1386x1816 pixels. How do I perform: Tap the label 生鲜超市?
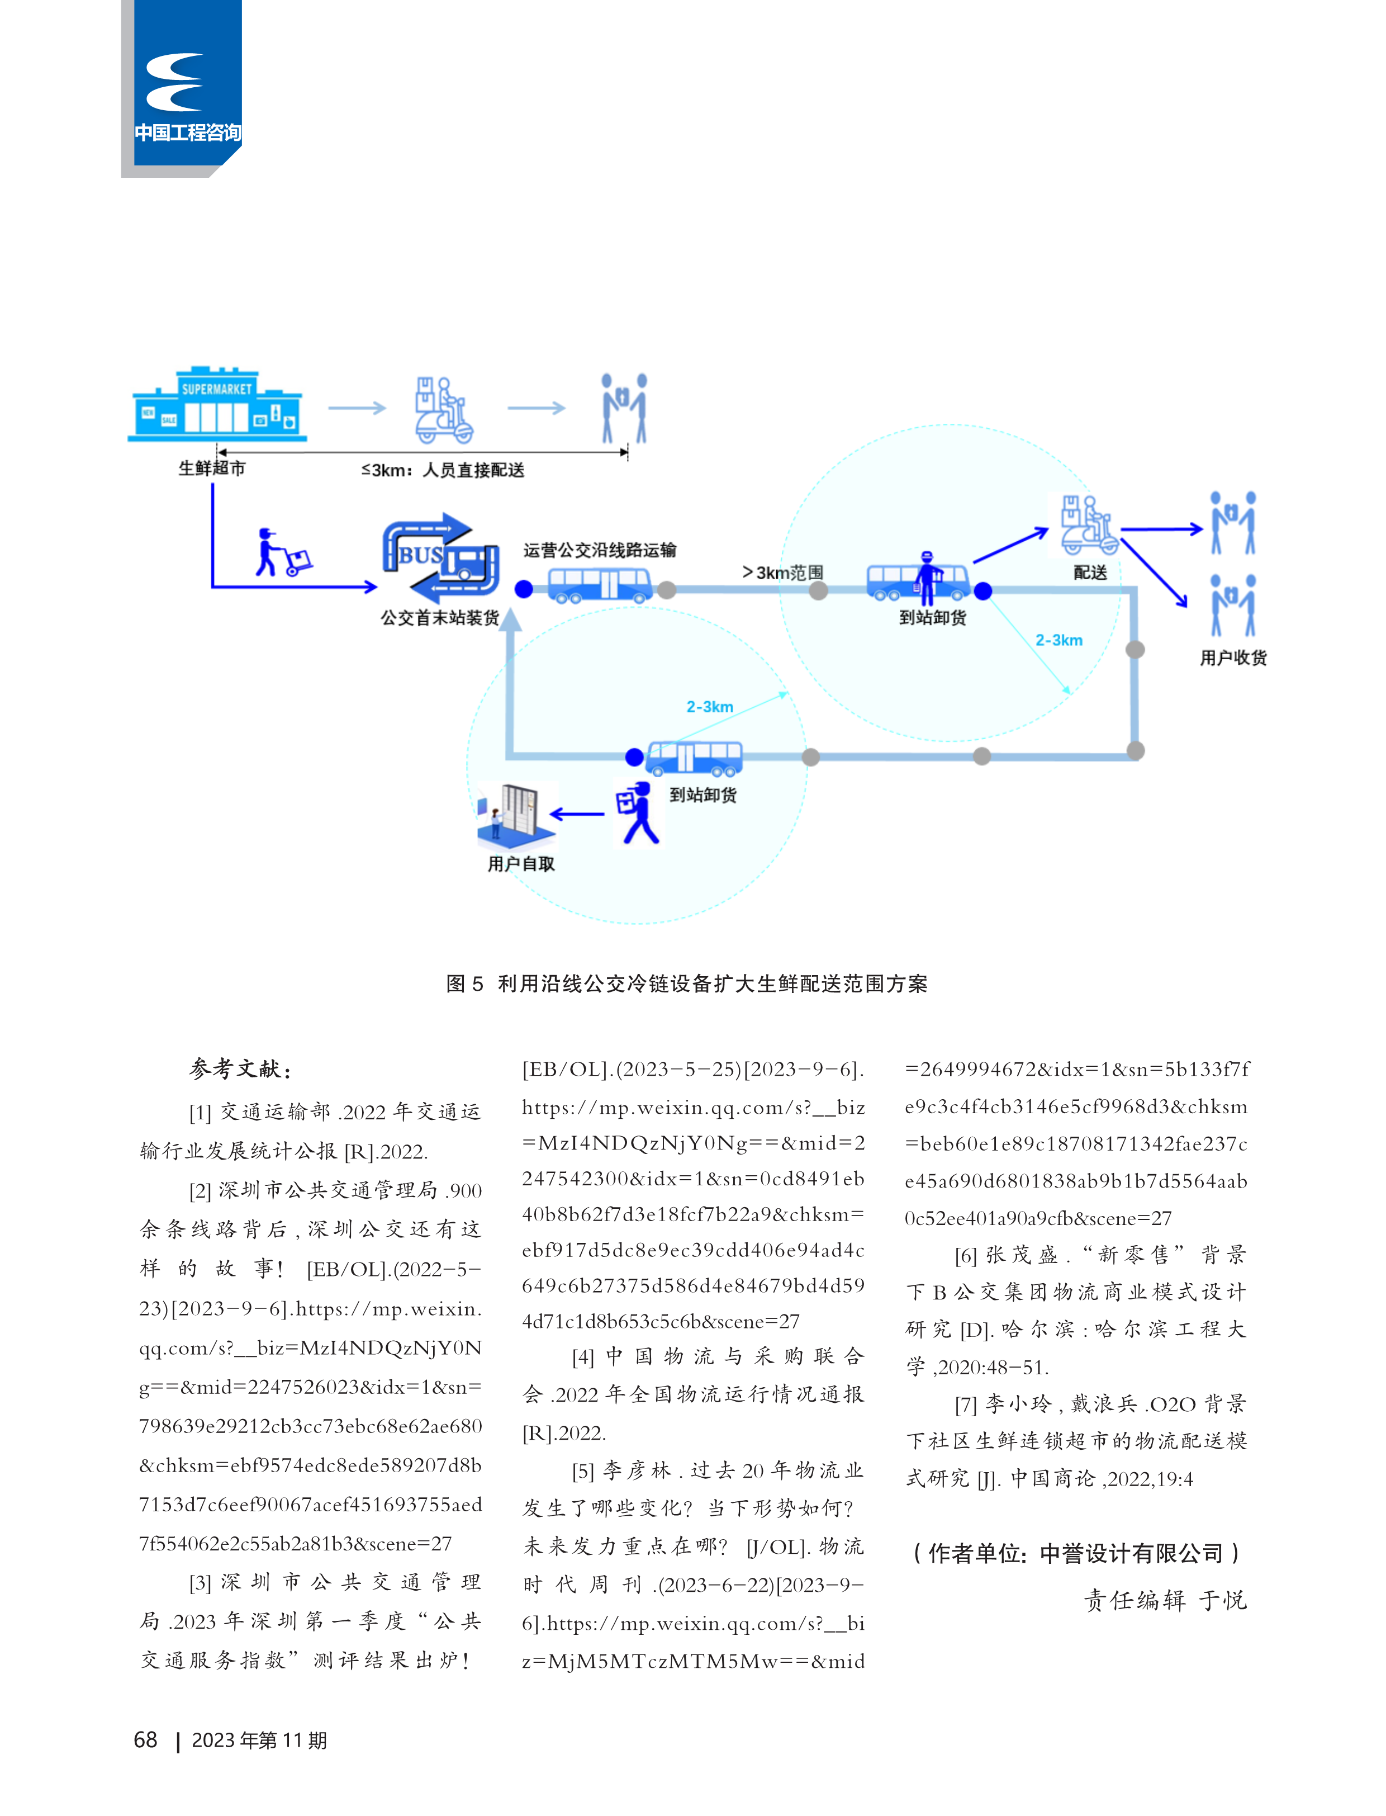pos(212,468)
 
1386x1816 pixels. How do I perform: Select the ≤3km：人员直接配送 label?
pos(442,470)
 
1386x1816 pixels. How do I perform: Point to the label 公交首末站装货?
pos(440,617)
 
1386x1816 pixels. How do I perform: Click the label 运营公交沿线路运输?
pos(600,550)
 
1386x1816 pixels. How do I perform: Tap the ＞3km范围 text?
pos(782,572)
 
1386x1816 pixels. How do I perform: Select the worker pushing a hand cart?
pos(283,552)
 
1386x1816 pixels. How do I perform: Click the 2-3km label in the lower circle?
pos(710,707)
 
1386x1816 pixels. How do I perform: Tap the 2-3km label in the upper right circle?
pos(1059,640)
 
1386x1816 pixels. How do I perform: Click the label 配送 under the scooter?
pos(1090,572)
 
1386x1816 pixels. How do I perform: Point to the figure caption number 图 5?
pos(464,983)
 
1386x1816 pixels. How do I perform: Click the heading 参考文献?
pos(239,1069)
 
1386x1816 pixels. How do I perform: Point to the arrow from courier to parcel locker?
pos(577,814)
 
